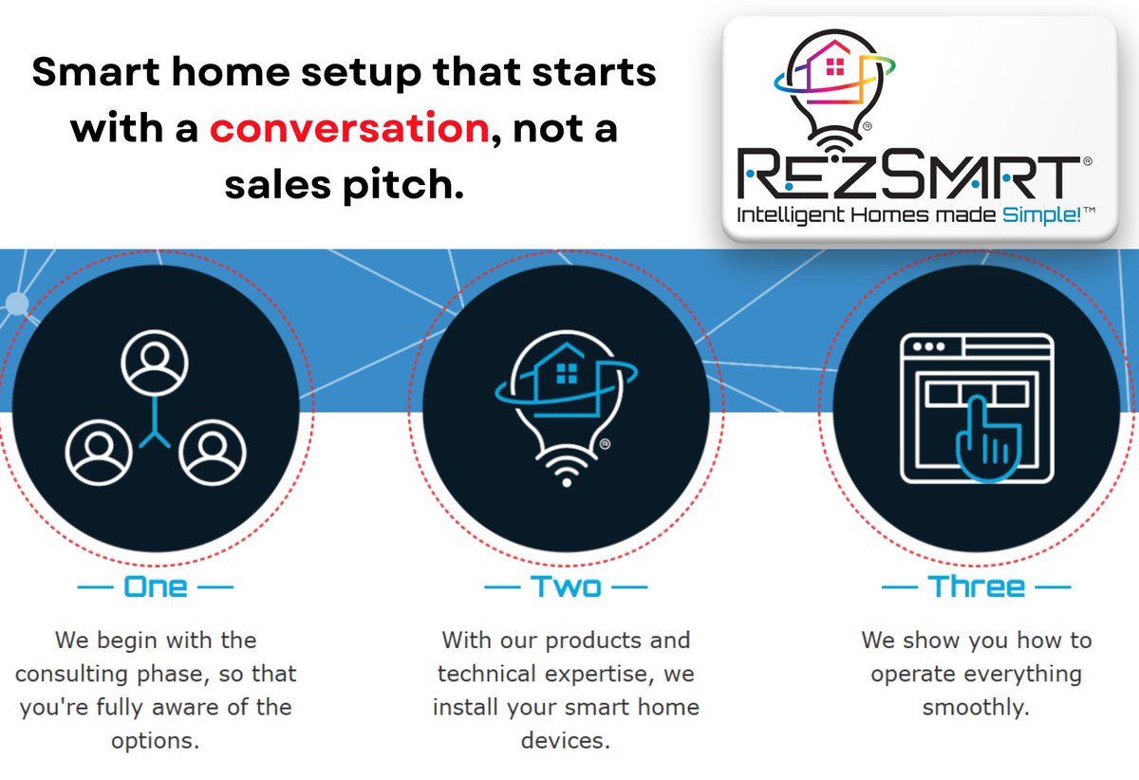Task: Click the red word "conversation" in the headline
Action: [x=349, y=128]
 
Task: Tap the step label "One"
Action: [x=155, y=586]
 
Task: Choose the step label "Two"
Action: [x=566, y=586]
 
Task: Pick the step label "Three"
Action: [x=977, y=586]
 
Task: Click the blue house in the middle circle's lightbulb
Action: [x=560, y=379]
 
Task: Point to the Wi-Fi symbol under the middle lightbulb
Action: [x=567, y=471]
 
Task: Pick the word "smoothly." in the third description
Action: [x=977, y=707]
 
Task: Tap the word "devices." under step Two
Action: [x=565, y=740]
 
